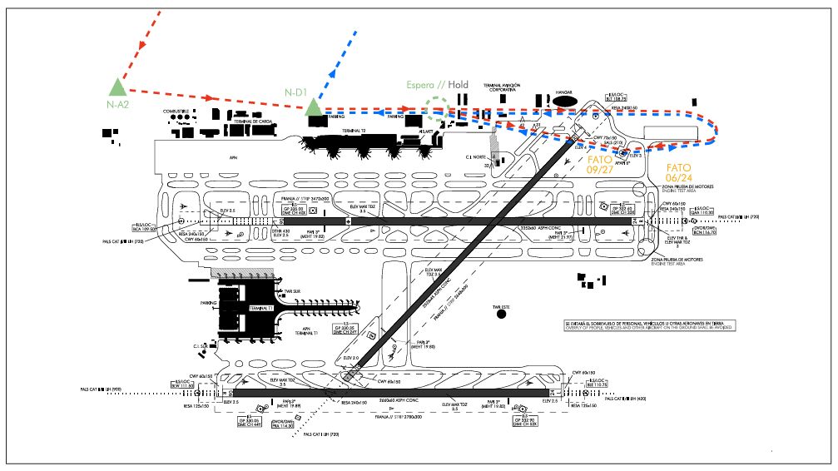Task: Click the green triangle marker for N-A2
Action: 117,86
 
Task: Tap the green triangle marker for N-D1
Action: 313,107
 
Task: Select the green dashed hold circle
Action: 435,109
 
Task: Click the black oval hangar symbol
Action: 566,102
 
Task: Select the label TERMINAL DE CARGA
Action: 254,121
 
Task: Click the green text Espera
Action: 424,85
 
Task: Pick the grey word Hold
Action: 459,85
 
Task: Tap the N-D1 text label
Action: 298,92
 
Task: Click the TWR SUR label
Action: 291,292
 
